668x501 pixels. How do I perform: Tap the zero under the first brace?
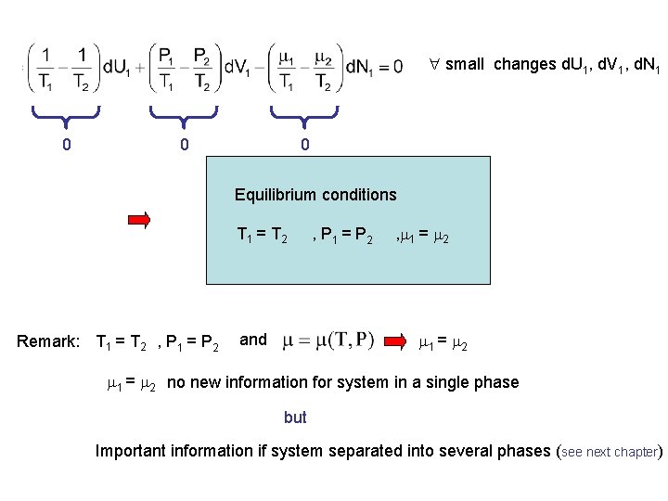point(65,145)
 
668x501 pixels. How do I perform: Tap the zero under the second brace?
point(185,145)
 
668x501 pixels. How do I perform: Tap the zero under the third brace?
point(304,145)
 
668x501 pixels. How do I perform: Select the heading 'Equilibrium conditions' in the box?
point(315,195)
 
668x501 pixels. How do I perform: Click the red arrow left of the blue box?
point(139,220)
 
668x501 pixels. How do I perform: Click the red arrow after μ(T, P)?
point(401,340)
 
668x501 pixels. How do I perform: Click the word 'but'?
point(295,417)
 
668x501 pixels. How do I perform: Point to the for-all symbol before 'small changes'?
point(433,65)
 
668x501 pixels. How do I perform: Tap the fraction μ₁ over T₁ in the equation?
point(288,70)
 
